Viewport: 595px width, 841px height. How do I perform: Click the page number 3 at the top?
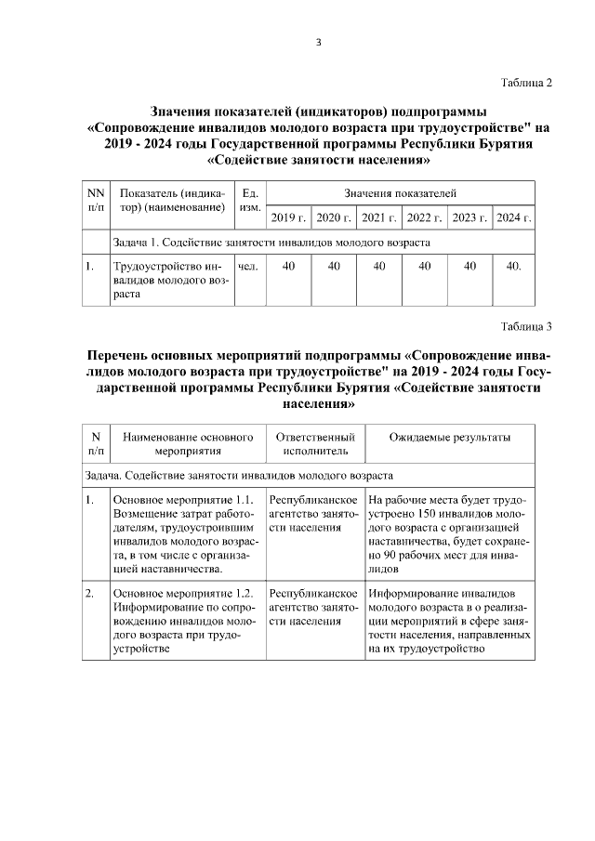tap(318, 41)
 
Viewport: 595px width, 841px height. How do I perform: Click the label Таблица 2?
tap(526, 83)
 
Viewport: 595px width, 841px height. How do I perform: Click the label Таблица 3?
tap(526, 326)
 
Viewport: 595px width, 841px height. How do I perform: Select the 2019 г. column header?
tap(288, 218)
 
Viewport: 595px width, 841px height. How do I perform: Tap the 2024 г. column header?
tap(513, 218)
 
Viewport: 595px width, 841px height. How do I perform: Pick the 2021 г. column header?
tap(379, 218)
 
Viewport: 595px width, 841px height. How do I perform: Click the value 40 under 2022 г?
tap(425, 267)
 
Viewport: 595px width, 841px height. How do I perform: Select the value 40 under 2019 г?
tap(288, 267)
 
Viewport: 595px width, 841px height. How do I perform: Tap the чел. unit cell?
tap(248, 267)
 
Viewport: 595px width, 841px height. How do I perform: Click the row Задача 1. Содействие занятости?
tap(271, 243)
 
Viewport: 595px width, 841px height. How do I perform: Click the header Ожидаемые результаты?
tap(449, 438)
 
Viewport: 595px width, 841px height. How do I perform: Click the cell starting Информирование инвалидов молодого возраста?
tap(449, 620)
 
